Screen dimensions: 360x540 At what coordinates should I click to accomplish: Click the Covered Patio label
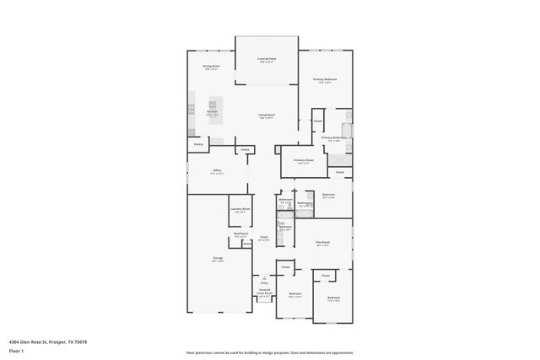pyautogui.click(x=267, y=59)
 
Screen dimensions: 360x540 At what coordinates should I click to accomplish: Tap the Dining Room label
pyautogui.click(x=211, y=66)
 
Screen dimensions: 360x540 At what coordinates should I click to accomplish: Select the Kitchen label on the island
pyautogui.click(x=213, y=111)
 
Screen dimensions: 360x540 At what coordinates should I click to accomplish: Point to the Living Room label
pyautogui.click(x=267, y=115)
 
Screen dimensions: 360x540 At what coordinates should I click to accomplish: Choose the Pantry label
pyautogui.click(x=198, y=144)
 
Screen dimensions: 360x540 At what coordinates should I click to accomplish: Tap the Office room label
pyautogui.click(x=217, y=170)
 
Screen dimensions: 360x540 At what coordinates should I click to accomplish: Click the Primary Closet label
pyautogui.click(x=304, y=161)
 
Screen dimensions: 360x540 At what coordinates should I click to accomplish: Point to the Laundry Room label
pyautogui.click(x=240, y=209)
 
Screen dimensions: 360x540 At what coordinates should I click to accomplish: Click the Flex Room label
pyautogui.click(x=322, y=242)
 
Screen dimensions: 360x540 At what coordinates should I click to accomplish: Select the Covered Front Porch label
pyautogui.click(x=265, y=294)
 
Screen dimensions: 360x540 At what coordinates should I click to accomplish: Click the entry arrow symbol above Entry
pyautogui.click(x=264, y=279)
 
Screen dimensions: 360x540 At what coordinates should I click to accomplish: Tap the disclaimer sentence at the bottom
pyautogui.click(x=270, y=352)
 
